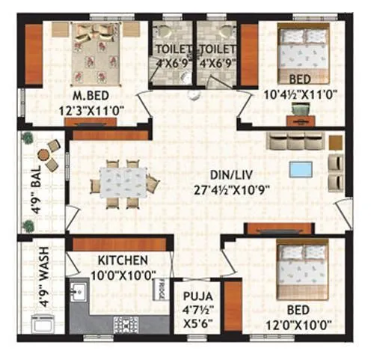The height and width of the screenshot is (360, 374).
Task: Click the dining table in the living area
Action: [123, 182]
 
